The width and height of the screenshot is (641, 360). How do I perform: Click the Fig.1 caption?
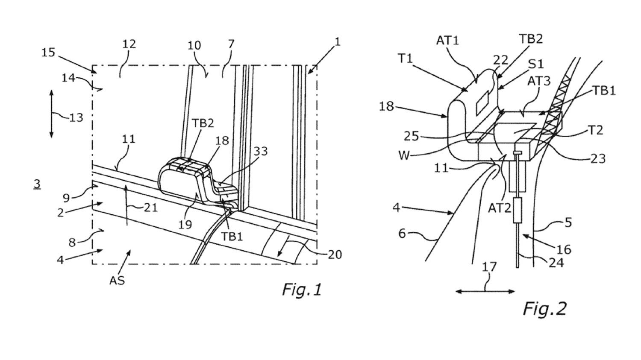point(302,289)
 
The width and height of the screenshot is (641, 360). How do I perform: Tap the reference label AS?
point(117,281)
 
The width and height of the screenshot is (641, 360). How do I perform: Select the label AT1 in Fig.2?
point(447,41)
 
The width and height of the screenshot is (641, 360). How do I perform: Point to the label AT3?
point(539,82)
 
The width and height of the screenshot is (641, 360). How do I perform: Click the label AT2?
point(500,208)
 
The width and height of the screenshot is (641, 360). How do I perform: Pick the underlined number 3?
point(37,184)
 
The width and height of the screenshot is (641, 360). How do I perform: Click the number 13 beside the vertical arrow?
point(76,117)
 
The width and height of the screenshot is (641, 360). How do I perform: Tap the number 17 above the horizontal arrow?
point(489,267)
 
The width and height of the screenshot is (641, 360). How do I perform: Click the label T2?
point(596,130)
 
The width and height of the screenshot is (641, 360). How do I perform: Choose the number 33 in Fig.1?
point(261,151)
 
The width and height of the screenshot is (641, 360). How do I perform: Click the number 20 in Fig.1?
point(335,255)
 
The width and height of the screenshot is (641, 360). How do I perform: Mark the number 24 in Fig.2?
point(556,263)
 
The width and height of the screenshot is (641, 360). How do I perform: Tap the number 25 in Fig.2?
point(412,136)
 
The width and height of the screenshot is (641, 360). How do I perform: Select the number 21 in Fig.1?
point(151,208)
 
